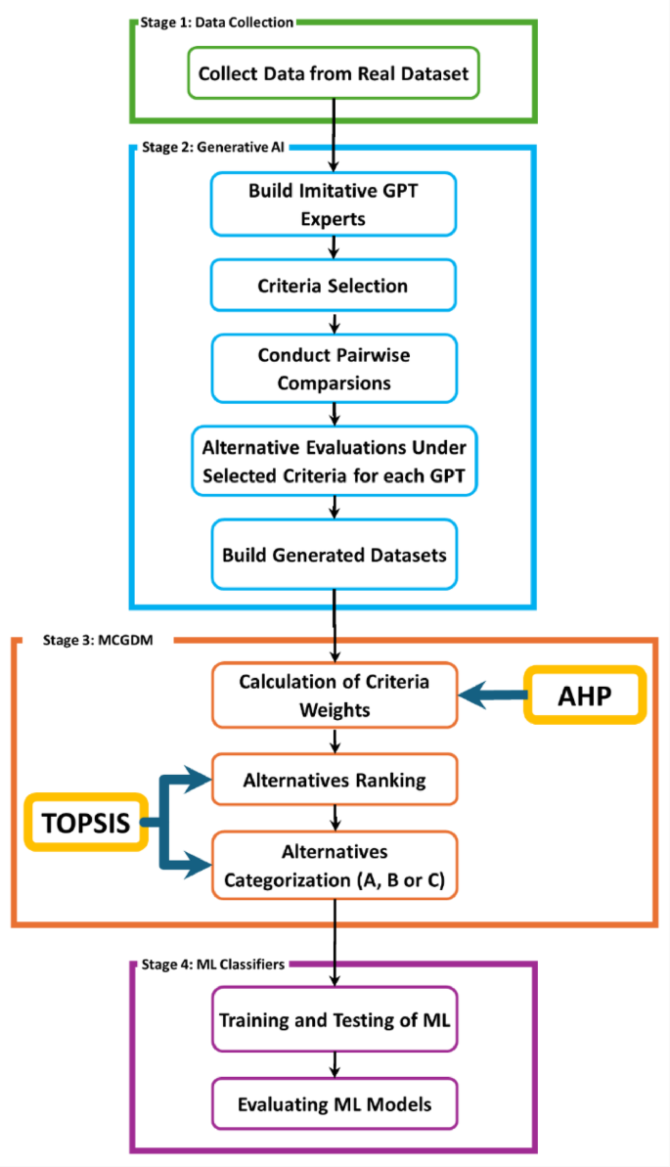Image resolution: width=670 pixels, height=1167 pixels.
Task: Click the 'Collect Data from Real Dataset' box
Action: pyautogui.click(x=334, y=74)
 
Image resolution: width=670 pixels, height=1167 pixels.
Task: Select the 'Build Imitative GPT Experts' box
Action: pyautogui.click(x=334, y=204)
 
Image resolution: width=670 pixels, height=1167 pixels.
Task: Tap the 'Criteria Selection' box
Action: pyautogui.click(x=334, y=287)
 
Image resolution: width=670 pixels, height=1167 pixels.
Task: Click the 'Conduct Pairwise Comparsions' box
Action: pyautogui.click(x=334, y=369)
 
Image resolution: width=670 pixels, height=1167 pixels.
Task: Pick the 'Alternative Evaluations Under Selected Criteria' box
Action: pyautogui.click(x=334, y=459)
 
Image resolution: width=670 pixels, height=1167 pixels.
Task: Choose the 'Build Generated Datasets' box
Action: pyautogui.click(x=334, y=555)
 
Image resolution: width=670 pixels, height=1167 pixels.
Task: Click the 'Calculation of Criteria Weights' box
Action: pyautogui.click(x=334, y=696)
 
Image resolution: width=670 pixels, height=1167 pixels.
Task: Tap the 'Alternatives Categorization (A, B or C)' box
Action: pyautogui.click(x=334, y=865)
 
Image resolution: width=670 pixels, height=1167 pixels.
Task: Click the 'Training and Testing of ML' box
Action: pyautogui.click(x=334, y=1019)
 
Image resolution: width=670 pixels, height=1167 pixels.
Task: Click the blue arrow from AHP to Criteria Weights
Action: pyautogui.click(x=494, y=696)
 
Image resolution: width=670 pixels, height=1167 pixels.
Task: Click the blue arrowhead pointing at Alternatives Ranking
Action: pyautogui.click(x=201, y=780)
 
